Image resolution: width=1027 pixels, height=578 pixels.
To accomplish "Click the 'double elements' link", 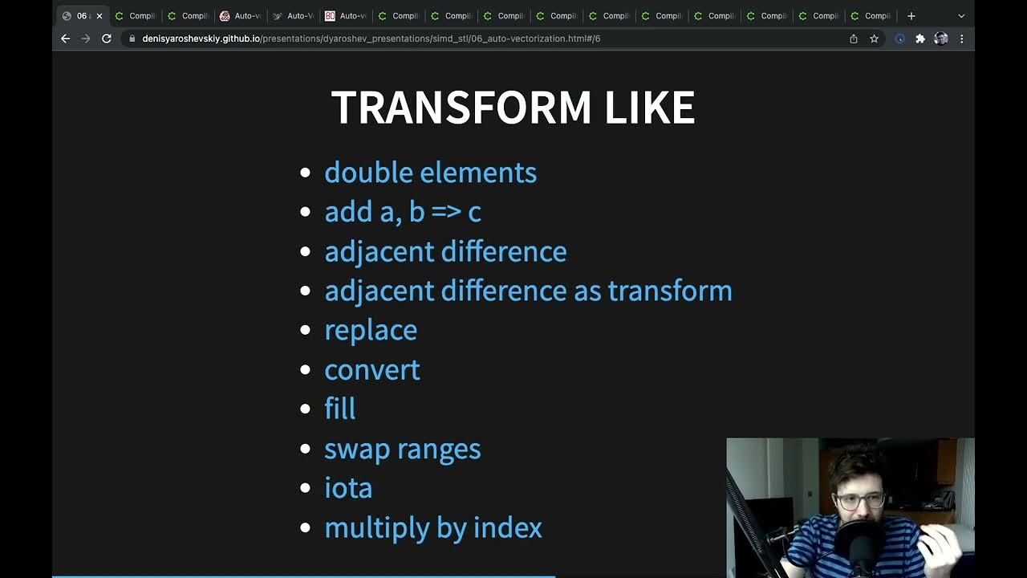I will (x=430, y=173).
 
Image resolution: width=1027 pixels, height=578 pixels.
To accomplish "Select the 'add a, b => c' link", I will (x=402, y=212).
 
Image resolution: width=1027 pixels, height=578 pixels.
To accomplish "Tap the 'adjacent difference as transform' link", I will (x=528, y=291).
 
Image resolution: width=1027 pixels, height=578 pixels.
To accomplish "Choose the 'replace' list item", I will (x=371, y=330).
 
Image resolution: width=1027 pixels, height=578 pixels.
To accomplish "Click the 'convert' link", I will (x=371, y=369).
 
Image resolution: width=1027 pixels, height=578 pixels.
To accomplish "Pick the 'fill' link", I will (x=339, y=409).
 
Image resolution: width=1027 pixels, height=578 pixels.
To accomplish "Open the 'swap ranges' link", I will (x=402, y=449).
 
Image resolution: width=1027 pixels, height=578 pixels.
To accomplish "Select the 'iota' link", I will (x=348, y=488).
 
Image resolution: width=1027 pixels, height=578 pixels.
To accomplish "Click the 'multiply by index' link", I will (x=432, y=527).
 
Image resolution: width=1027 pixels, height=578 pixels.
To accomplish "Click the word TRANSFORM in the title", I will (x=461, y=108).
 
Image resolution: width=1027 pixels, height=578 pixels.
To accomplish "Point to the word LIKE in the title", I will (x=649, y=108).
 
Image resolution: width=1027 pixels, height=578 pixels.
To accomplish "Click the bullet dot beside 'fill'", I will (x=305, y=409).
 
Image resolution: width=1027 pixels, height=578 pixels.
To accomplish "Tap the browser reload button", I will (x=106, y=39).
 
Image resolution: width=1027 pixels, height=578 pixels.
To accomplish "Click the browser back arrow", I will (x=66, y=39).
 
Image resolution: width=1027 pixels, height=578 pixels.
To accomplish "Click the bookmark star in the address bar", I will (x=874, y=39).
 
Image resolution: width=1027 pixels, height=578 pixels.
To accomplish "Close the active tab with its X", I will (x=99, y=16).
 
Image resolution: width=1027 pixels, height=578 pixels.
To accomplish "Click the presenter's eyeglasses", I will (x=860, y=501).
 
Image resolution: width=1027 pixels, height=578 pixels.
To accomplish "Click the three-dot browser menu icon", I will (x=961, y=39).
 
